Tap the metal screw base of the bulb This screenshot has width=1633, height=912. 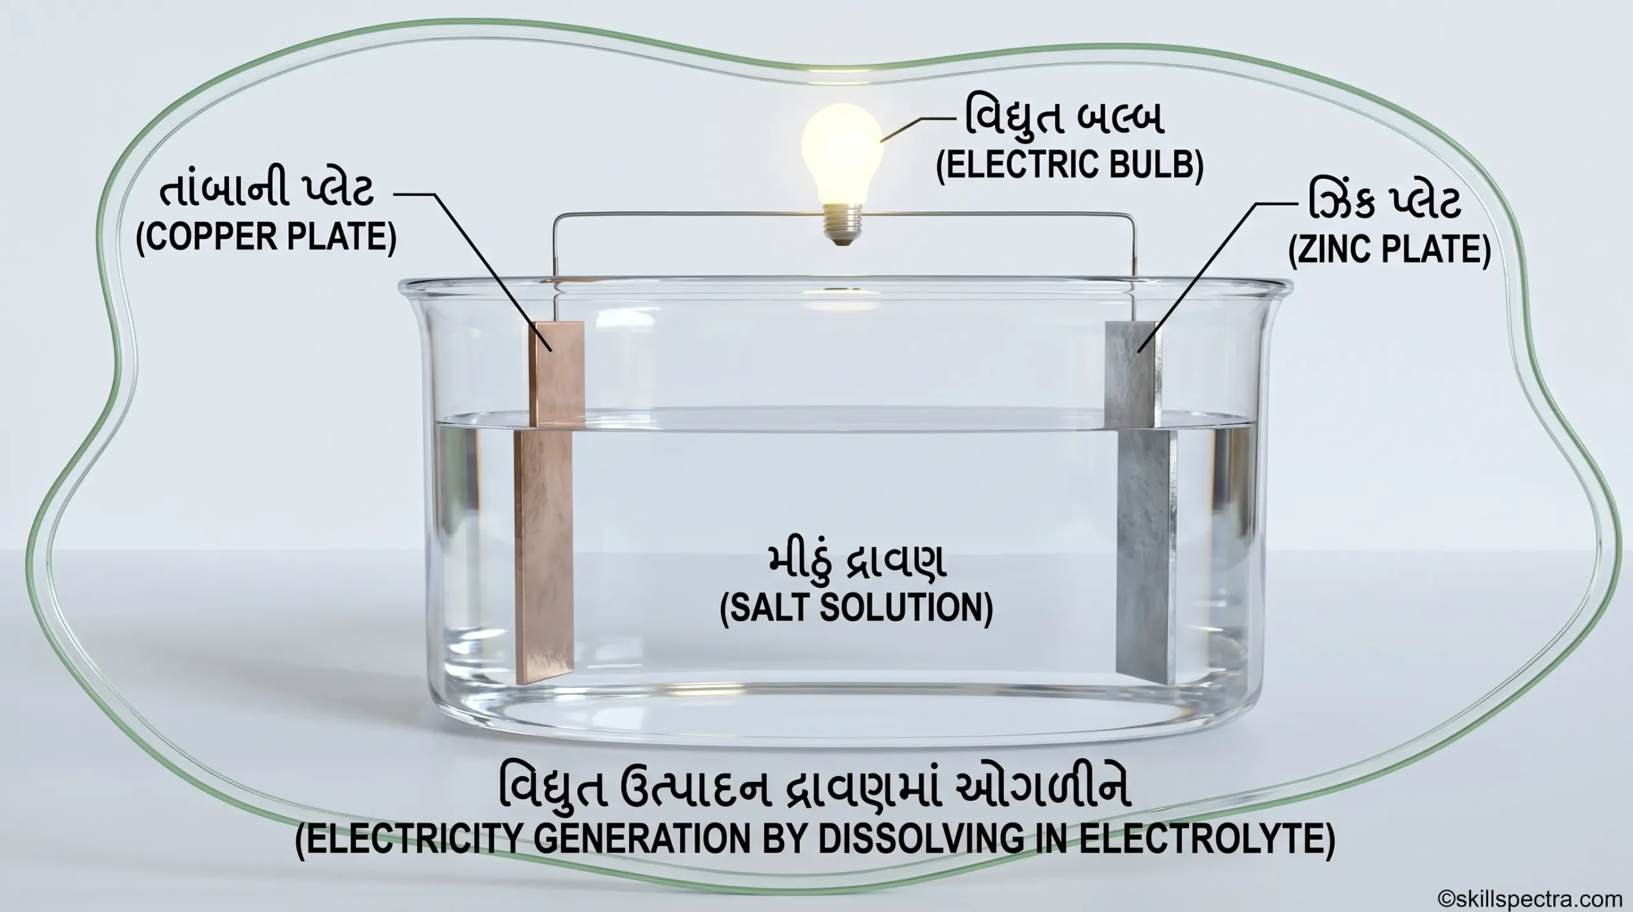coord(841,227)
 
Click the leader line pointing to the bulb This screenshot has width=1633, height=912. coord(919,127)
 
